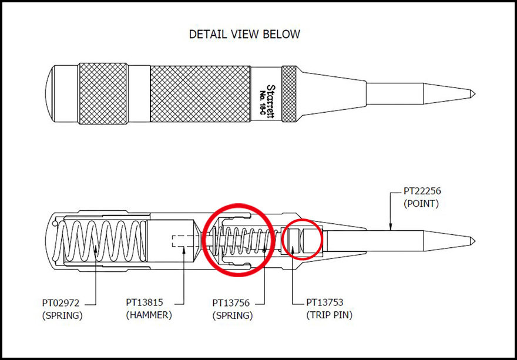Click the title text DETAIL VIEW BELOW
tap(244, 34)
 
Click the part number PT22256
tap(422, 191)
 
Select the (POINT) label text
tap(421, 204)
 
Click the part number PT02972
tap(61, 302)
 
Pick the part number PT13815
tap(145, 302)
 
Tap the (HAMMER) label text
tap(149, 315)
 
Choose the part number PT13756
tap(231, 302)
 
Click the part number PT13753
tap(325, 302)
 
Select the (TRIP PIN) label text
tap(329, 315)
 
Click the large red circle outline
tap(239, 240)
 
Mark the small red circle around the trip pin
tap(303, 240)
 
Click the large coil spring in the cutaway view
tap(102, 241)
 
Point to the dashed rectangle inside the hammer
tap(183, 241)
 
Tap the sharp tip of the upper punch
tap(475, 94)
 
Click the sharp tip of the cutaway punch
tap(475, 241)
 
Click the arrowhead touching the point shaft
tap(390, 227)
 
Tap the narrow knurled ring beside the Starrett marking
tap(289, 94)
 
